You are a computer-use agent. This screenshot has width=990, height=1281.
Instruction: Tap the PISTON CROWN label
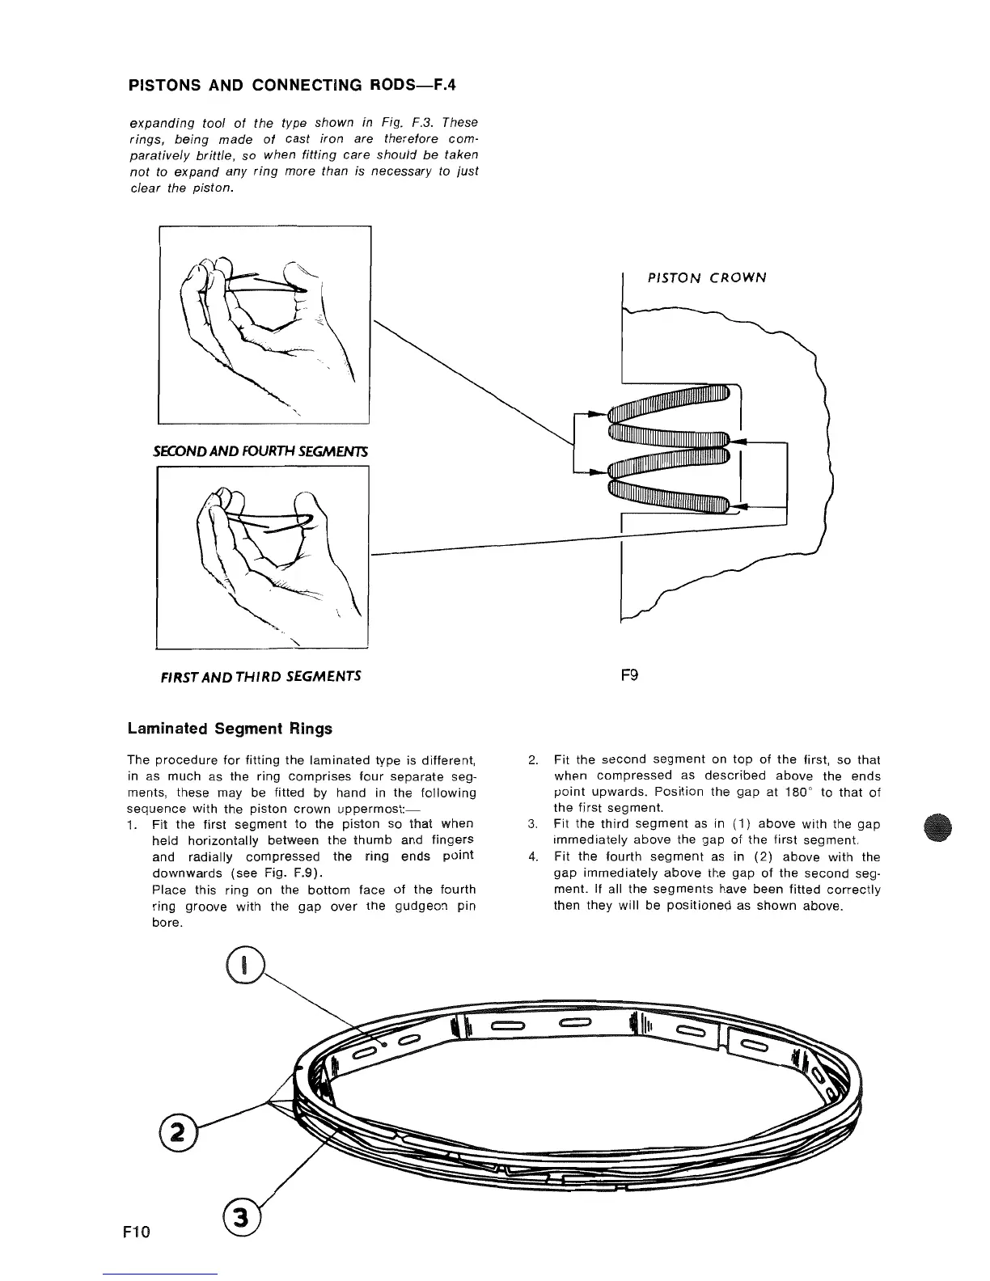(706, 277)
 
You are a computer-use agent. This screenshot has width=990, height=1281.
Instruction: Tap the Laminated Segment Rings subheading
(230, 728)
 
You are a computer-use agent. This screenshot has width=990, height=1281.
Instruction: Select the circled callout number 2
(174, 1130)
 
